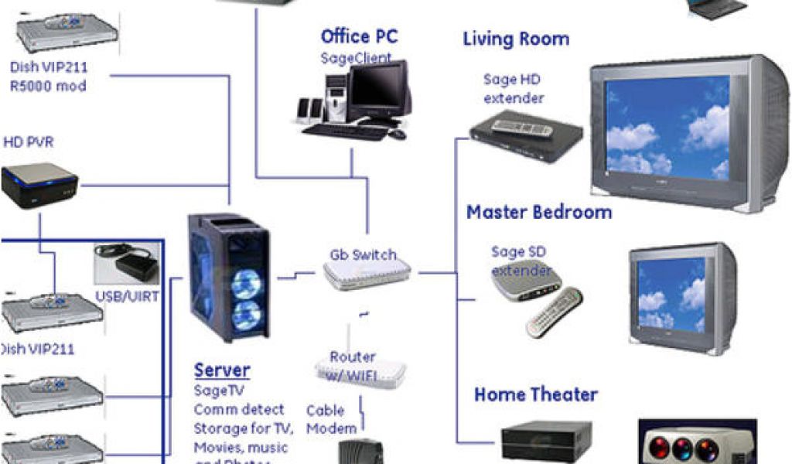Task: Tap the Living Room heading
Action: (516, 39)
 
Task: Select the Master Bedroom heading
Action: (538, 212)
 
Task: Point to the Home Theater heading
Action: (536, 394)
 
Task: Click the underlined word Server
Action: (222, 370)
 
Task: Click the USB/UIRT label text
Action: (128, 295)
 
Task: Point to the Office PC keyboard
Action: (344, 131)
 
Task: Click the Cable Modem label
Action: (332, 419)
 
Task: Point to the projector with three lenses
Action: (697, 443)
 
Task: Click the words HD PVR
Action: (29, 142)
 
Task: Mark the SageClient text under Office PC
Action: (356, 58)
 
